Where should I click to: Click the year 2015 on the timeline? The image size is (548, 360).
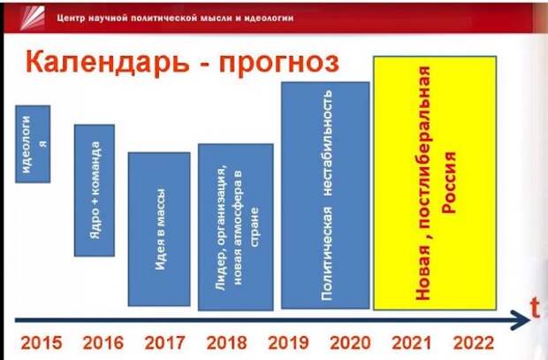click(x=42, y=343)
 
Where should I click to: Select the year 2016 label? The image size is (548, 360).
click(x=103, y=343)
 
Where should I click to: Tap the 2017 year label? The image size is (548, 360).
click(x=164, y=343)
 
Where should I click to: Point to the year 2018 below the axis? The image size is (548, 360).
click(x=226, y=343)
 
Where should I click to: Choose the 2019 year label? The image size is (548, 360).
click(x=288, y=343)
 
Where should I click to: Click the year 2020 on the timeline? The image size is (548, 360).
click(x=350, y=343)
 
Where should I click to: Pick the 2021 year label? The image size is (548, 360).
click(x=412, y=343)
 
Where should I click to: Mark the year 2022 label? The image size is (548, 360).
click(x=474, y=343)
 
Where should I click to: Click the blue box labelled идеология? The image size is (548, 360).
click(x=33, y=144)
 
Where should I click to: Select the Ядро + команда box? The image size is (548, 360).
click(x=95, y=190)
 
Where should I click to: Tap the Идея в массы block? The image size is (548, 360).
click(x=159, y=229)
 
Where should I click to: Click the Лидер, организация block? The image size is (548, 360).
click(x=236, y=227)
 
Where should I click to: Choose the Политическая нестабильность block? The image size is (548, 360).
click(x=325, y=195)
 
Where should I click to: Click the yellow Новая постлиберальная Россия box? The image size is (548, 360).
click(x=435, y=183)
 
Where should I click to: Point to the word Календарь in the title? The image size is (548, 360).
click(x=108, y=63)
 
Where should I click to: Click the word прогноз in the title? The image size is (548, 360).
click(x=279, y=64)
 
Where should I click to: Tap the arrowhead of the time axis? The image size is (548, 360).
click(x=521, y=320)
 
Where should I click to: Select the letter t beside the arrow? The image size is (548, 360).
click(x=535, y=308)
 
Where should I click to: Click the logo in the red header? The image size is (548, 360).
click(x=33, y=18)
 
